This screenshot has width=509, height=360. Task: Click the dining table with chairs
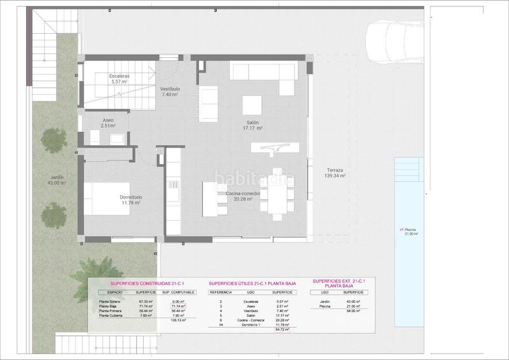pyautogui.click(x=277, y=191)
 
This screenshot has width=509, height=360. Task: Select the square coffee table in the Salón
pyautogui.click(x=251, y=103)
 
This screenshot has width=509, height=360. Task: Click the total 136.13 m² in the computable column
pyautogui.click(x=178, y=320)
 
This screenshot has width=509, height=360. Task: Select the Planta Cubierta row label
pyautogui.click(x=113, y=314)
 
